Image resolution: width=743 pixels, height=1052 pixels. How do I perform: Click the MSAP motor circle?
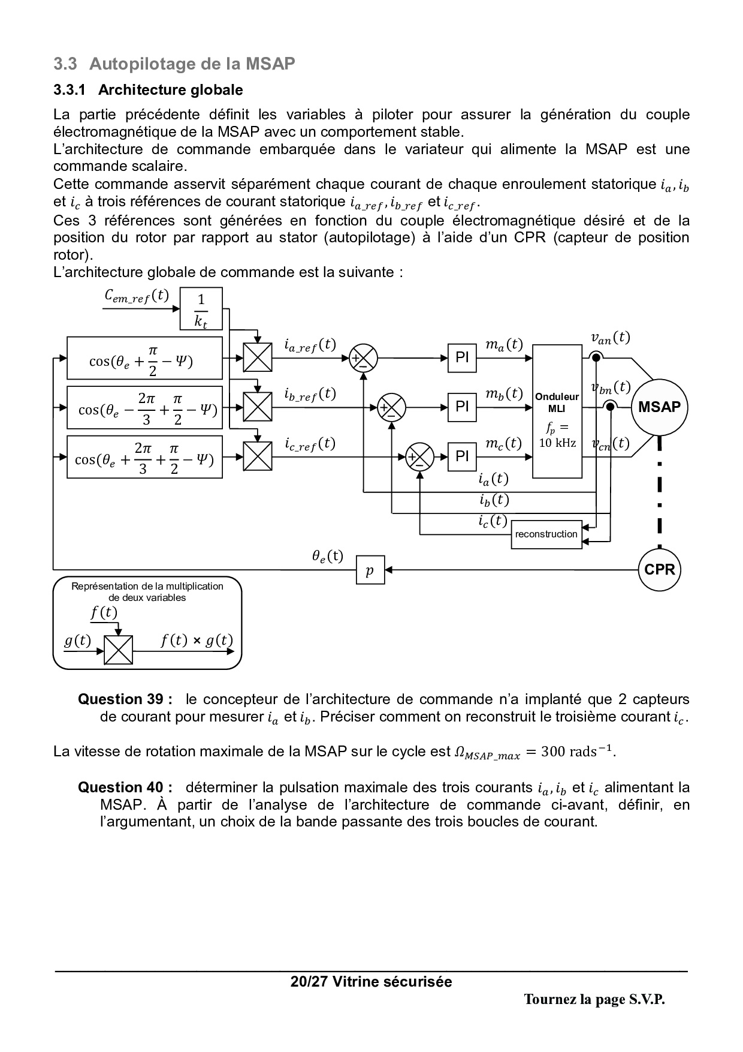659,407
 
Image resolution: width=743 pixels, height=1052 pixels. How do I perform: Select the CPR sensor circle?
659,569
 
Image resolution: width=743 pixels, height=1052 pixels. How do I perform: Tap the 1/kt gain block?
201,309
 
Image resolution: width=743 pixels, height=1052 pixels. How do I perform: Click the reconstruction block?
546,534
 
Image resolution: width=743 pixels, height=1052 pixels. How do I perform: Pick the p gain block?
370,569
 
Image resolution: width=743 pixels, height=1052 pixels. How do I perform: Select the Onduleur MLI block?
557,411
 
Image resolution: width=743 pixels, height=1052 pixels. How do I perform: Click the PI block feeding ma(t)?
462,358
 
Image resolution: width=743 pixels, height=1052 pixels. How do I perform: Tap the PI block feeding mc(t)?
462,457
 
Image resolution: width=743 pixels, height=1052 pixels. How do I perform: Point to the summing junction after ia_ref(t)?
363,358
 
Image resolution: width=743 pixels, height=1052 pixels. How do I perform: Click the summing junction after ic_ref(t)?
419,457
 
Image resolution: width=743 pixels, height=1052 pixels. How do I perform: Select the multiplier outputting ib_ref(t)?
258,407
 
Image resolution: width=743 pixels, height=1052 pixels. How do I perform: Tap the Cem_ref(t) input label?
137,296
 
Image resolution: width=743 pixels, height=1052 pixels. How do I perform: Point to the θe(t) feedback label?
327,556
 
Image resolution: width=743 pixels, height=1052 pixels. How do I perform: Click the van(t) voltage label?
610,338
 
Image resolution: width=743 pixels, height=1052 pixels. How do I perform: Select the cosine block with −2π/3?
144,408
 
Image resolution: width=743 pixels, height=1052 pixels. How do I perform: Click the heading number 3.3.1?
70,90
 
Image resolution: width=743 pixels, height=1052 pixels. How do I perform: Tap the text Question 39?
125,699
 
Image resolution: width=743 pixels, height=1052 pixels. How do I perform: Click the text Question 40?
125,788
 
